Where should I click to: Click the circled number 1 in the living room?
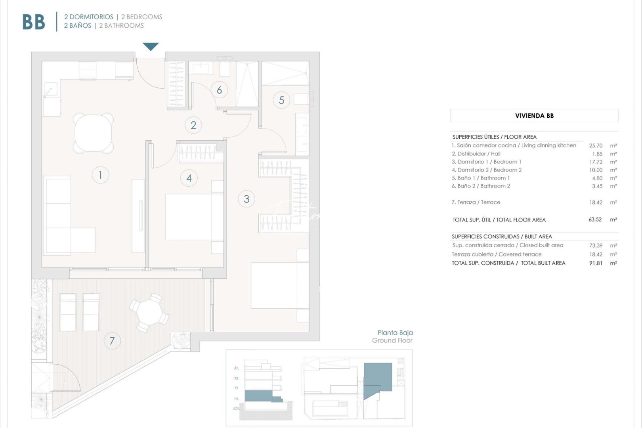pos(100,175)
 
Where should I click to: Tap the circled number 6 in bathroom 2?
pos(219,90)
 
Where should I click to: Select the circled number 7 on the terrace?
pos(112,341)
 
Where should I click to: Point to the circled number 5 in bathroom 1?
pos(281,100)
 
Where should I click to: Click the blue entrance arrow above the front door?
pos(151,46)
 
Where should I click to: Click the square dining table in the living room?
pos(94,133)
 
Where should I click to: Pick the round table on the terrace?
pos(149,312)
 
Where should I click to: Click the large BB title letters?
pos(34,22)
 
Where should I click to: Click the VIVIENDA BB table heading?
pos(534,116)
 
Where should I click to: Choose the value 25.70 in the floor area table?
pos(596,145)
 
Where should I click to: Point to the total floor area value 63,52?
pos(595,220)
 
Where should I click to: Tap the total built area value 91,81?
pos(595,263)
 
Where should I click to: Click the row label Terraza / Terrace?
pos(476,202)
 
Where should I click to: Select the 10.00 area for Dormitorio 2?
pos(596,170)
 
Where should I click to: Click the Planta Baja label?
pos(395,333)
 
